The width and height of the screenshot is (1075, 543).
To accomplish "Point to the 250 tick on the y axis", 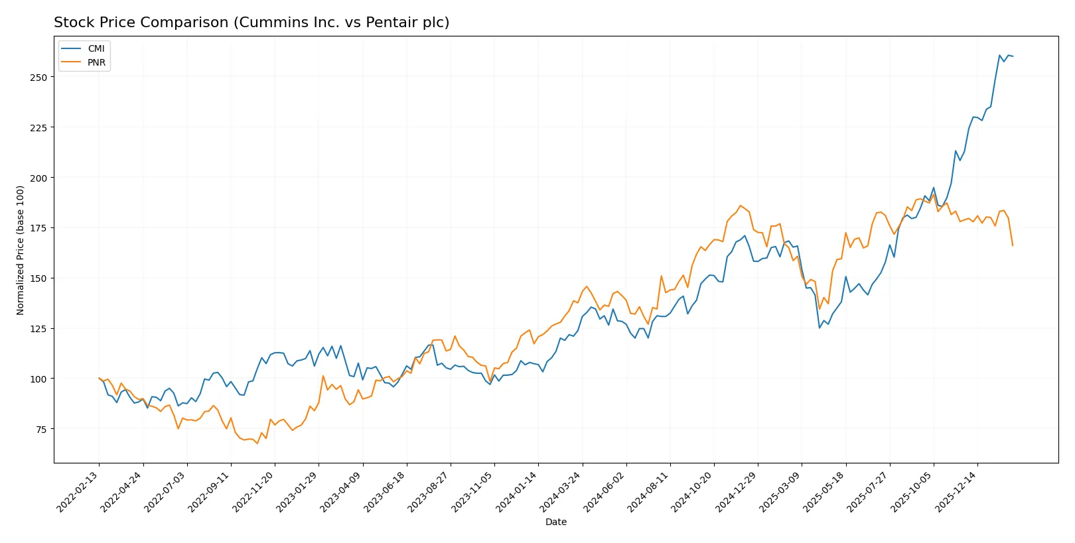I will [38, 78].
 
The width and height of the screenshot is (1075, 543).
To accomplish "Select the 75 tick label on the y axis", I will [41, 430].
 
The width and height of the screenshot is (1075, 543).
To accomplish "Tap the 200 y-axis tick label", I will [38, 178].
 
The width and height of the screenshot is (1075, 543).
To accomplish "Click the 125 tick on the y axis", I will [38, 329].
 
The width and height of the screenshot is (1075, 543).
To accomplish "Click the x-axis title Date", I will [555, 522].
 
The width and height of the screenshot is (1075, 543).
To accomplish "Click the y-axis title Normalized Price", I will [21, 250].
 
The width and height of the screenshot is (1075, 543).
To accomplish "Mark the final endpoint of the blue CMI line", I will [1013, 56].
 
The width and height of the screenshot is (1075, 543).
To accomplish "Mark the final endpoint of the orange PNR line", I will [1013, 246].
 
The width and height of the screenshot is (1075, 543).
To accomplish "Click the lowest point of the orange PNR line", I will [257, 443].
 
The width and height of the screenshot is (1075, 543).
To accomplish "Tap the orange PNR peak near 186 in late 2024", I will [741, 206].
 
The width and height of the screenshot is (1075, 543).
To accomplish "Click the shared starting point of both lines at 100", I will [99, 378].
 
